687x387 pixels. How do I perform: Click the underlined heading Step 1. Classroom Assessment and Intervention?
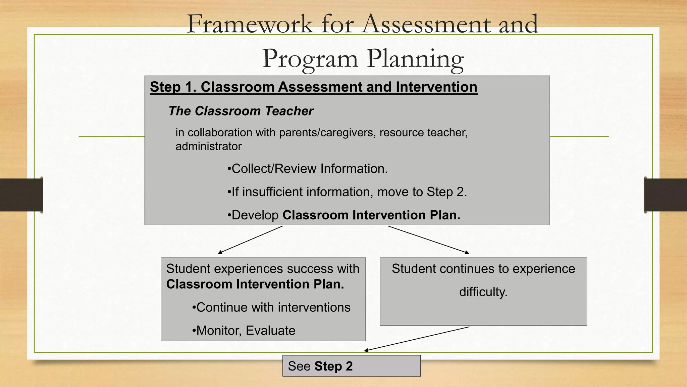click(x=313, y=87)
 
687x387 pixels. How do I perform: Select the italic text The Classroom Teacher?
click(x=241, y=111)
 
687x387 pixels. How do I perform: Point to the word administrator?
click(x=208, y=146)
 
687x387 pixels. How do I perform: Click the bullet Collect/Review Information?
click(x=307, y=169)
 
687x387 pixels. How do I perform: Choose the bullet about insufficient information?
click(x=347, y=192)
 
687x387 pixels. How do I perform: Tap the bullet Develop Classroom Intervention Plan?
click(x=343, y=215)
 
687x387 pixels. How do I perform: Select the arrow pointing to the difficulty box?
click(x=428, y=240)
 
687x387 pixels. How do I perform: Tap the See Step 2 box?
click(x=351, y=366)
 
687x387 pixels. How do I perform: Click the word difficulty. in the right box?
click(x=483, y=292)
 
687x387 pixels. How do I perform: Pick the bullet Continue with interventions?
click(x=271, y=307)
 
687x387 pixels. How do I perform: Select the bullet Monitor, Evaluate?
click(x=244, y=331)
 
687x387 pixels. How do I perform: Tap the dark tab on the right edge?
click(x=666, y=195)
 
